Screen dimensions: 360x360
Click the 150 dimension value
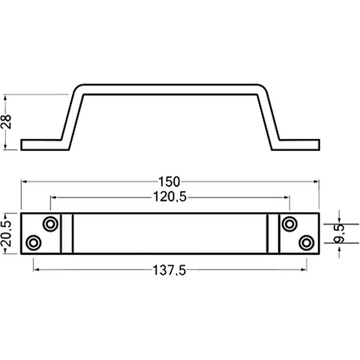(171, 181)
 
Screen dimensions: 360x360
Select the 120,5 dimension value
(171, 197)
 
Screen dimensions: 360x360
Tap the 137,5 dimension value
(170, 271)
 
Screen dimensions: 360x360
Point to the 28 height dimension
(7, 122)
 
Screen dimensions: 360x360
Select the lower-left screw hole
(34, 242)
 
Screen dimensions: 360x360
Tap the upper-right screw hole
(290, 224)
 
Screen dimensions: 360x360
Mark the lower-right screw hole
(307, 242)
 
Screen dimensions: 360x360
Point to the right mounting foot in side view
(298, 145)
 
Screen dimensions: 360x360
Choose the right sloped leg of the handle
(268, 117)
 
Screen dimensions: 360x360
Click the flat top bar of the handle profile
(171, 89)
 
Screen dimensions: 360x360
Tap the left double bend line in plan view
(67, 233)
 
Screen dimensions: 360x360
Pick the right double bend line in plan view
(274, 233)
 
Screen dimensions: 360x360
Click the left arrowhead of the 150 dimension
(24, 181)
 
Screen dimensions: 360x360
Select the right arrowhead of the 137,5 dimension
(304, 271)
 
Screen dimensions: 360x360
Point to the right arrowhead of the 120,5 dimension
(287, 197)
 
